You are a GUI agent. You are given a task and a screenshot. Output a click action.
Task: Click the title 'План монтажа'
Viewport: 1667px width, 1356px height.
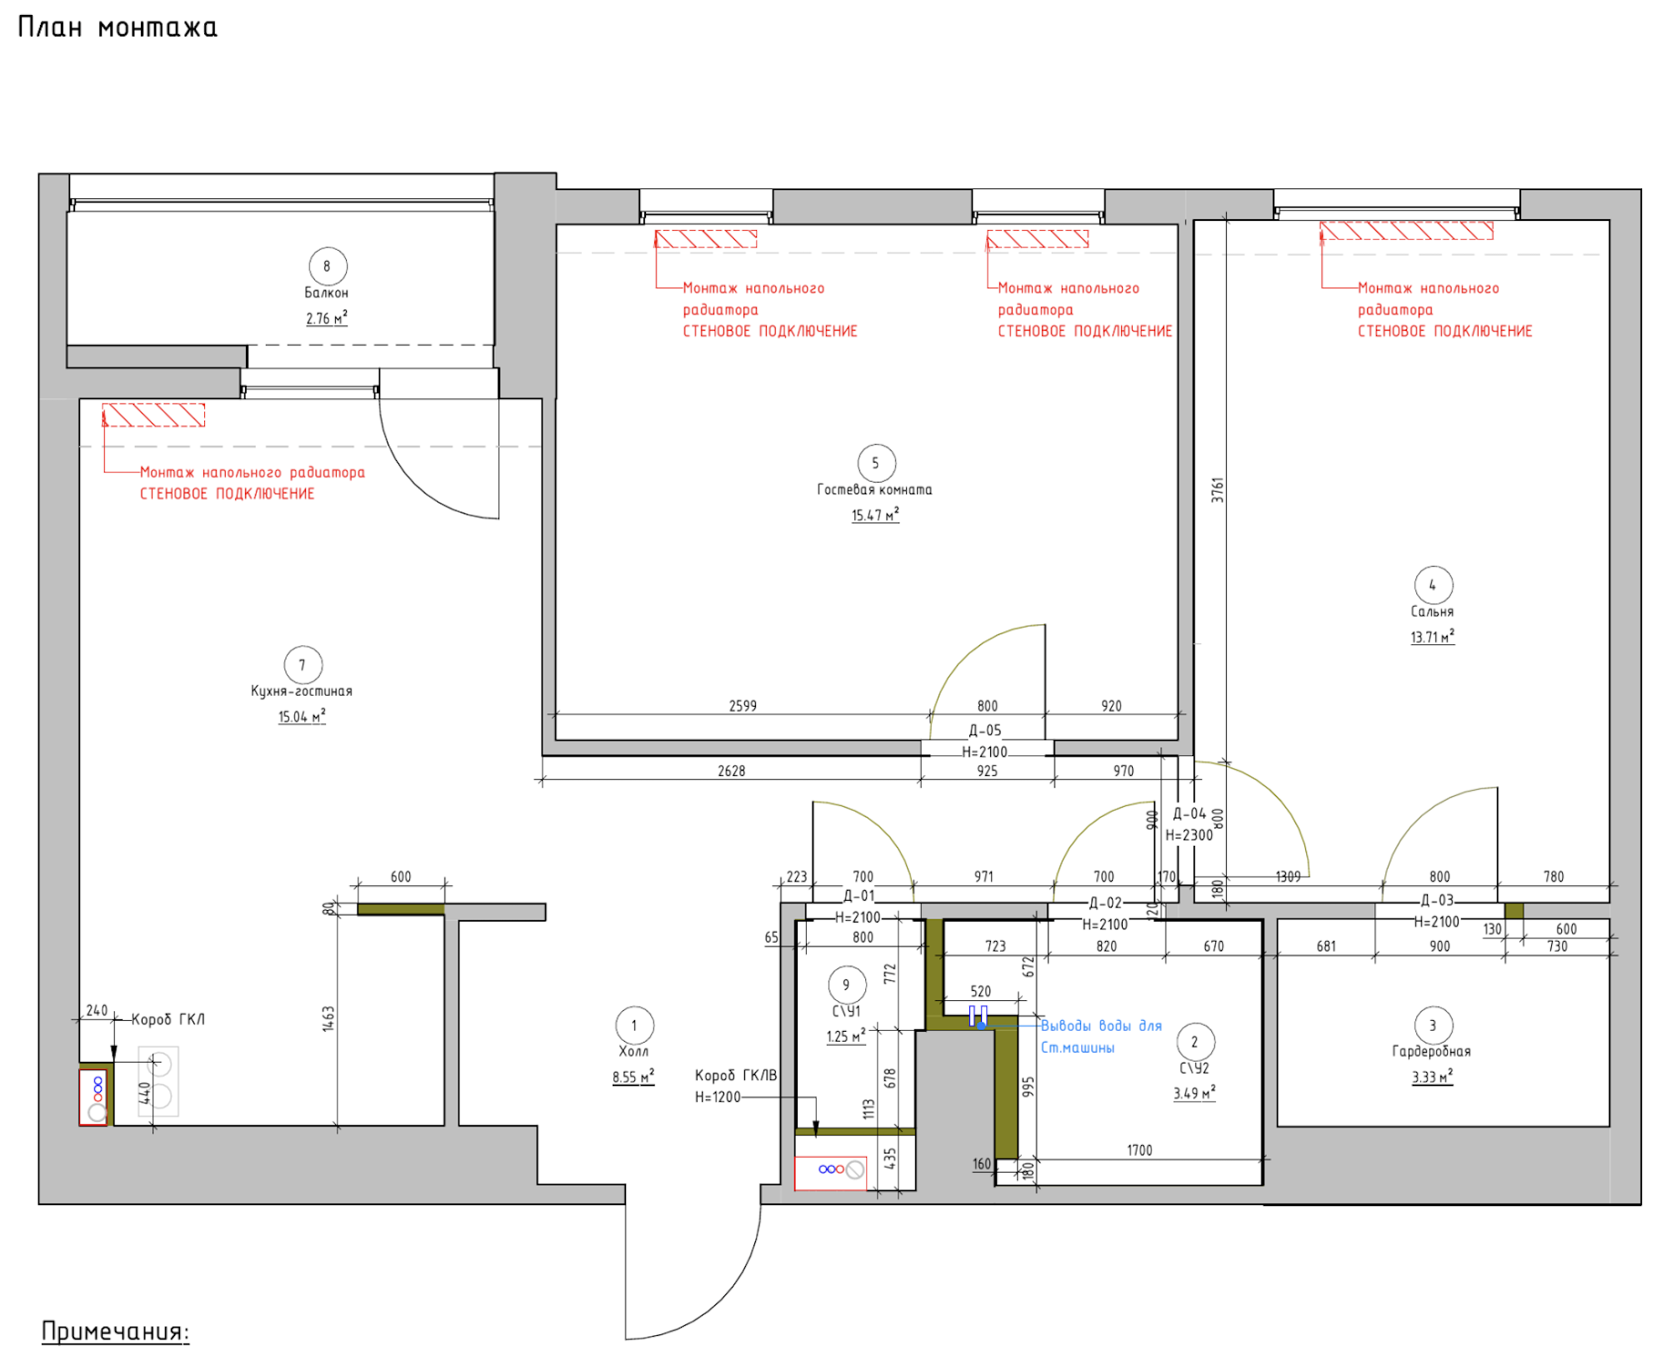[118, 28]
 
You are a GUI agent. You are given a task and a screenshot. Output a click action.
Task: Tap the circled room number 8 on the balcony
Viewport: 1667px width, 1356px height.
[328, 266]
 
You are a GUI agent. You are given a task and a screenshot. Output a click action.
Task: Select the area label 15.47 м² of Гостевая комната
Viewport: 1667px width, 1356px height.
[875, 515]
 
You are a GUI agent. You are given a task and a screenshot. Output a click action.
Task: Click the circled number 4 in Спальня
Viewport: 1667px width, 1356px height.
[1434, 585]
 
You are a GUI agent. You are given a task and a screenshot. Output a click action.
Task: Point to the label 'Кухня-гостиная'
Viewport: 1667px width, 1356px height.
[302, 691]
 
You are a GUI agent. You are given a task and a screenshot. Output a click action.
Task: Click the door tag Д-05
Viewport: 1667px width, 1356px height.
[985, 730]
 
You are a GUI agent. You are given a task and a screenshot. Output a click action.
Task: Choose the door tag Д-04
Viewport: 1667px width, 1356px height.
[1189, 813]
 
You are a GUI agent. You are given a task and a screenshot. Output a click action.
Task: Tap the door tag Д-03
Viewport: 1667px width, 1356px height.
[1437, 900]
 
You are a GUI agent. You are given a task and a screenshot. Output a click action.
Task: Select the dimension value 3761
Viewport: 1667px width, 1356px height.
[1218, 489]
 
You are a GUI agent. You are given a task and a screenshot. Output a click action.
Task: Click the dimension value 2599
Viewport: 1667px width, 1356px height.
[743, 706]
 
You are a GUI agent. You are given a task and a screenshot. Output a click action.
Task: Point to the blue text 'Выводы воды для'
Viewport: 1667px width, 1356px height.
[1101, 1026]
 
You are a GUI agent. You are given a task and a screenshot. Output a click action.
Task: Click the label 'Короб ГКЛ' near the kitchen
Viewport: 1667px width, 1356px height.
[168, 1019]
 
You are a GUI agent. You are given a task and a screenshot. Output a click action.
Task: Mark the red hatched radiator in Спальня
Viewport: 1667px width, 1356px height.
[1407, 230]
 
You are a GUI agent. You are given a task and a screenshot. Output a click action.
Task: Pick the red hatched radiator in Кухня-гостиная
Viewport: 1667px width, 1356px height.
[153, 415]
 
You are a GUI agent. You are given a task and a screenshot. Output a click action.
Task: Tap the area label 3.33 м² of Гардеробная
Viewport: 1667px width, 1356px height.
[1432, 1077]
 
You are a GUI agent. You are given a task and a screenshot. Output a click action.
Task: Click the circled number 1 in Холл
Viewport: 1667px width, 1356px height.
[634, 1025]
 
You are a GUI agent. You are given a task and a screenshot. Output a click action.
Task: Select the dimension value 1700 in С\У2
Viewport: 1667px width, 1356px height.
[1139, 1150]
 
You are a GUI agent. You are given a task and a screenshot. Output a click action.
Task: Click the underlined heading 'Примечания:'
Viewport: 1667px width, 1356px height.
[116, 1331]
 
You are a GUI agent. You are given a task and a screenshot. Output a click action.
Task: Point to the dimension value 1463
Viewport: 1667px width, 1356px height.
[328, 1018]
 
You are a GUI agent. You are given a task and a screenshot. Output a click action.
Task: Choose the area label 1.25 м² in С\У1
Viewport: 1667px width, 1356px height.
[846, 1037]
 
